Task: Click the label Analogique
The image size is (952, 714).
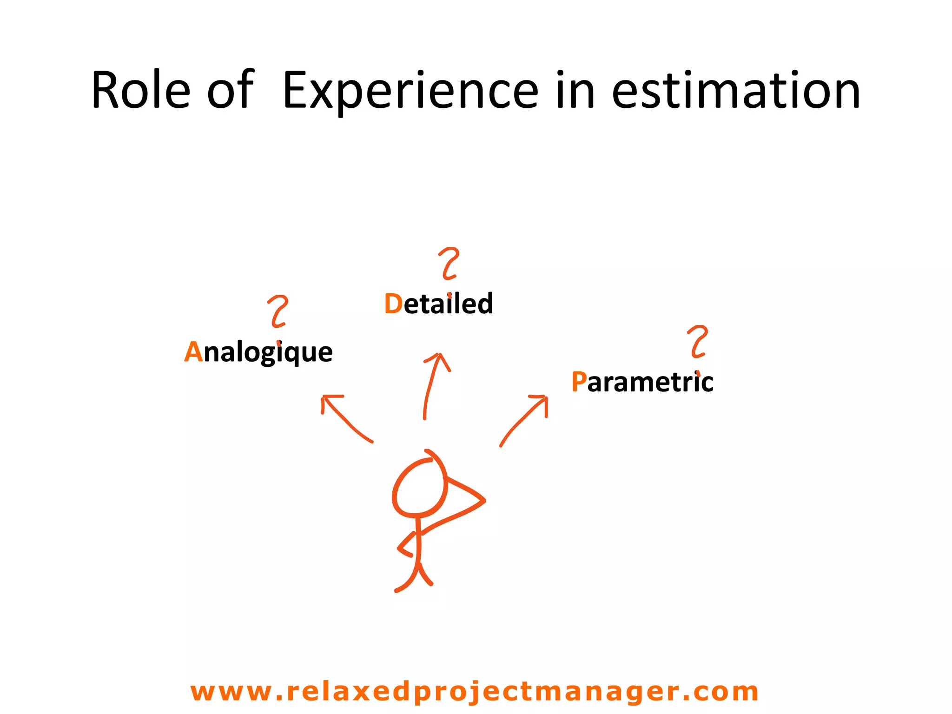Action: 258,352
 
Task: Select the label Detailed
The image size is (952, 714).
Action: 438,304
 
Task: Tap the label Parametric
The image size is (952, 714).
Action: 642,382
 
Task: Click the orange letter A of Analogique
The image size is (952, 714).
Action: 193,352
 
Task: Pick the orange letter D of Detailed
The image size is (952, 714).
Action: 393,304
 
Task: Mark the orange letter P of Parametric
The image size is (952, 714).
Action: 579,382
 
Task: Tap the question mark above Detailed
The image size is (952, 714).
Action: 449,264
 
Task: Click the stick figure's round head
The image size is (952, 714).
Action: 419,488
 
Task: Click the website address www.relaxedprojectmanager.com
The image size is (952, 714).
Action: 474,691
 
